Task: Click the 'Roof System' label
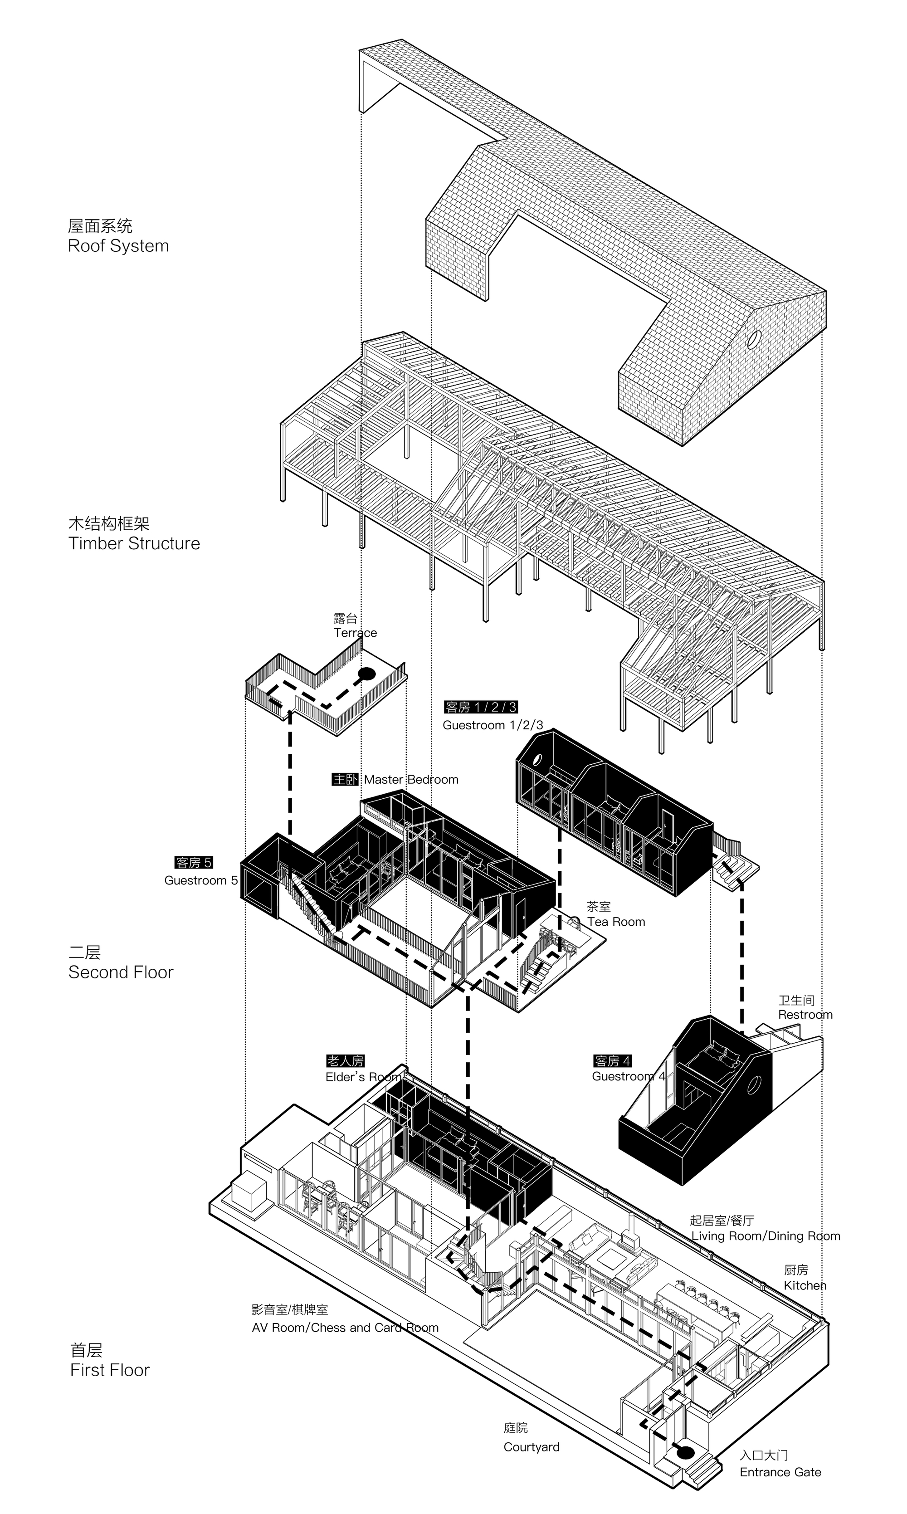(118, 246)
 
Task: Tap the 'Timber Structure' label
(134, 543)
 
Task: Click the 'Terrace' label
(355, 633)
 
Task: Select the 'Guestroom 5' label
(200, 880)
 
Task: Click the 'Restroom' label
(805, 1015)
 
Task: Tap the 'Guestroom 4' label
(628, 1076)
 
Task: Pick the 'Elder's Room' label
(363, 1077)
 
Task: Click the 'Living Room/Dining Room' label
(765, 1236)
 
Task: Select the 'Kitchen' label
(805, 1285)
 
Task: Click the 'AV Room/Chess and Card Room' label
(345, 1328)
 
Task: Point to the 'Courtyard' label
(531, 1447)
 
